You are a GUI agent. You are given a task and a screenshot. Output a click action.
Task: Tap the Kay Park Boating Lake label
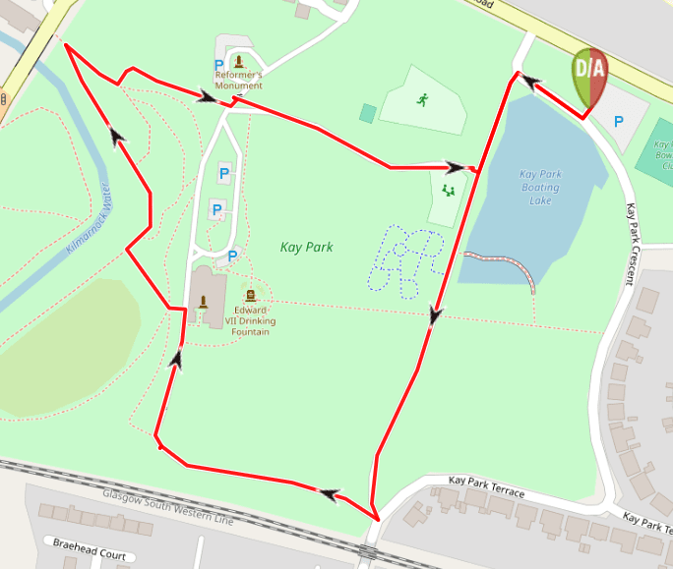[540, 188]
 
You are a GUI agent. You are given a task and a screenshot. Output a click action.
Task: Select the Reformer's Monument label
[239, 80]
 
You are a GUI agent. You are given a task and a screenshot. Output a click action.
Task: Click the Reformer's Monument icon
[239, 63]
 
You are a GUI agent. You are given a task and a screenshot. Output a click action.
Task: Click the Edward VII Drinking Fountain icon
[250, 295]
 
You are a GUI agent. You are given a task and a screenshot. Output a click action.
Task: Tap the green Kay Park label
[306, 247]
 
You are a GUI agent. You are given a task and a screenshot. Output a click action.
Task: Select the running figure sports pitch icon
[423, 99]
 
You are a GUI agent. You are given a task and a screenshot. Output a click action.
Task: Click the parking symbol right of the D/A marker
[619, 122]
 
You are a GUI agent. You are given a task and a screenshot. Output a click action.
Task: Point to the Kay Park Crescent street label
[628, 246]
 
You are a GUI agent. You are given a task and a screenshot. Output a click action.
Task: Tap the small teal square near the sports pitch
[367, 113]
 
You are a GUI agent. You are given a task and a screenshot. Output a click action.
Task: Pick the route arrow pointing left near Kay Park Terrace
[327, 492]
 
